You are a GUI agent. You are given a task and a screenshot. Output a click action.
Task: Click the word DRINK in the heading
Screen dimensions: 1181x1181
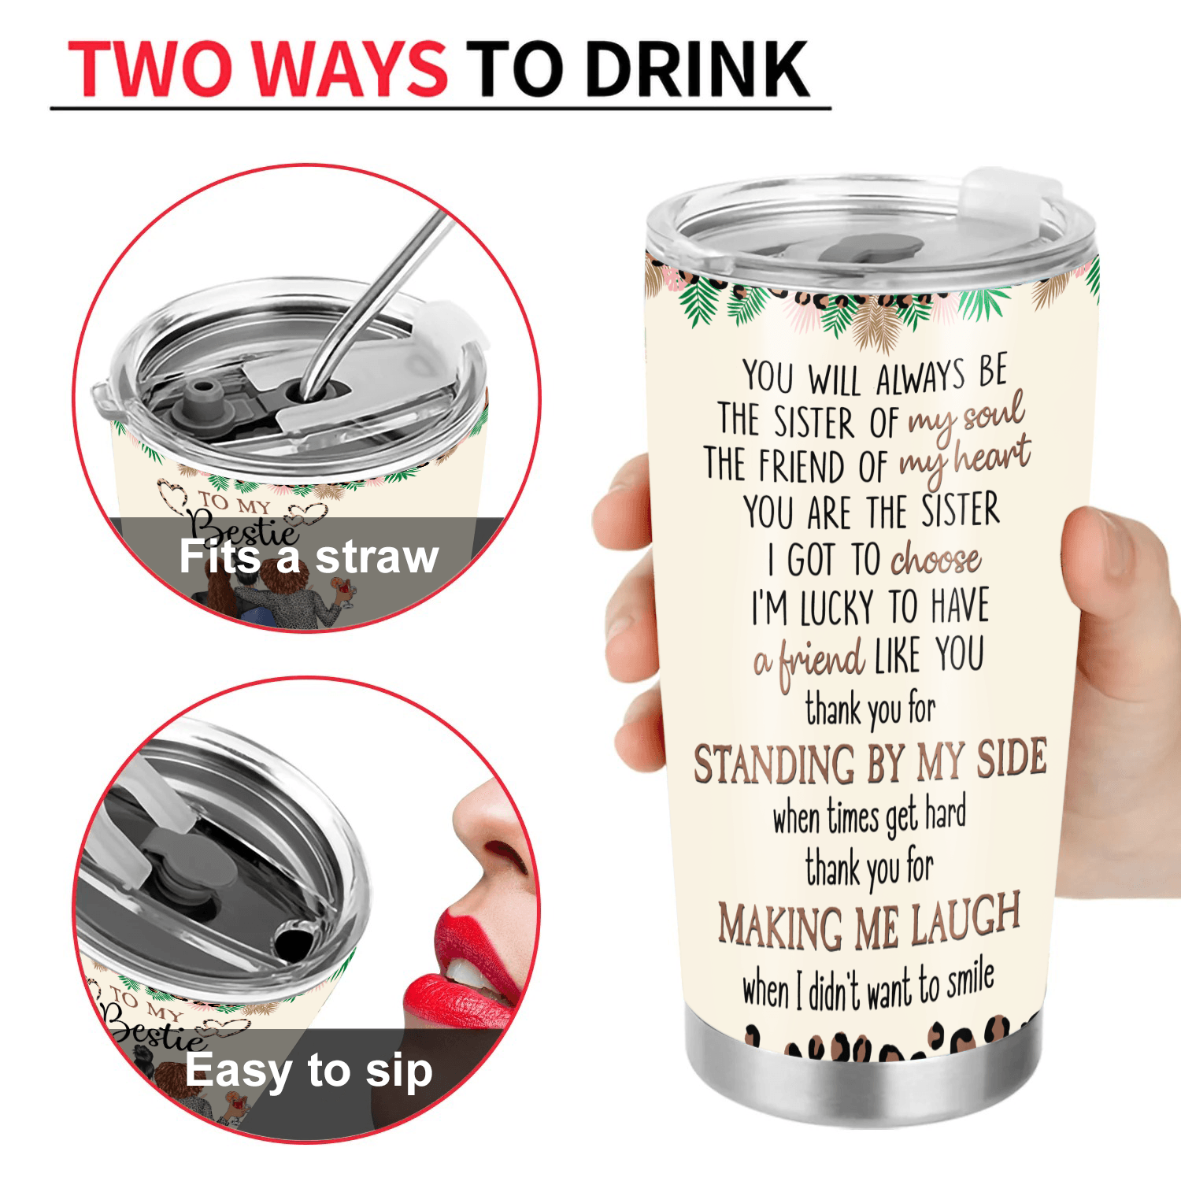tap(698, 69)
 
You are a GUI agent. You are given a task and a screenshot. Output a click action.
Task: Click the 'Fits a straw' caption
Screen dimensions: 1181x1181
tap(308, 557)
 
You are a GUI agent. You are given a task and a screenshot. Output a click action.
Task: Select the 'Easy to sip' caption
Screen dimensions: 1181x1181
tap(309, 1071)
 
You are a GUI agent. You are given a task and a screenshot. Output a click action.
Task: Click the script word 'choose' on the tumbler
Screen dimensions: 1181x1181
tap(935, 560)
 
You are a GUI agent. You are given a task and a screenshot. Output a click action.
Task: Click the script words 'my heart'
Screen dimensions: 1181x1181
tap(964, 461)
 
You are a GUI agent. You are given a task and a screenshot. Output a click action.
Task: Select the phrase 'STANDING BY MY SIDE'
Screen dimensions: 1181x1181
tap(870, 761)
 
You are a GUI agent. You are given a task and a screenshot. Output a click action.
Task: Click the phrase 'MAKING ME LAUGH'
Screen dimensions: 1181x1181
tap(869, 921)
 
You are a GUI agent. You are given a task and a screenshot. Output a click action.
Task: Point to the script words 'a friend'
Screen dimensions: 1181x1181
tap(809, 661)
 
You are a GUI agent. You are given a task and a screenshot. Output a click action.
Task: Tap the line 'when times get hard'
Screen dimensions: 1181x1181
tap(869, 817)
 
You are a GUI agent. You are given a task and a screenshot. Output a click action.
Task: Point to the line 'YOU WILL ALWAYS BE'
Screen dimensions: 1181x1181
tap(874, 376)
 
